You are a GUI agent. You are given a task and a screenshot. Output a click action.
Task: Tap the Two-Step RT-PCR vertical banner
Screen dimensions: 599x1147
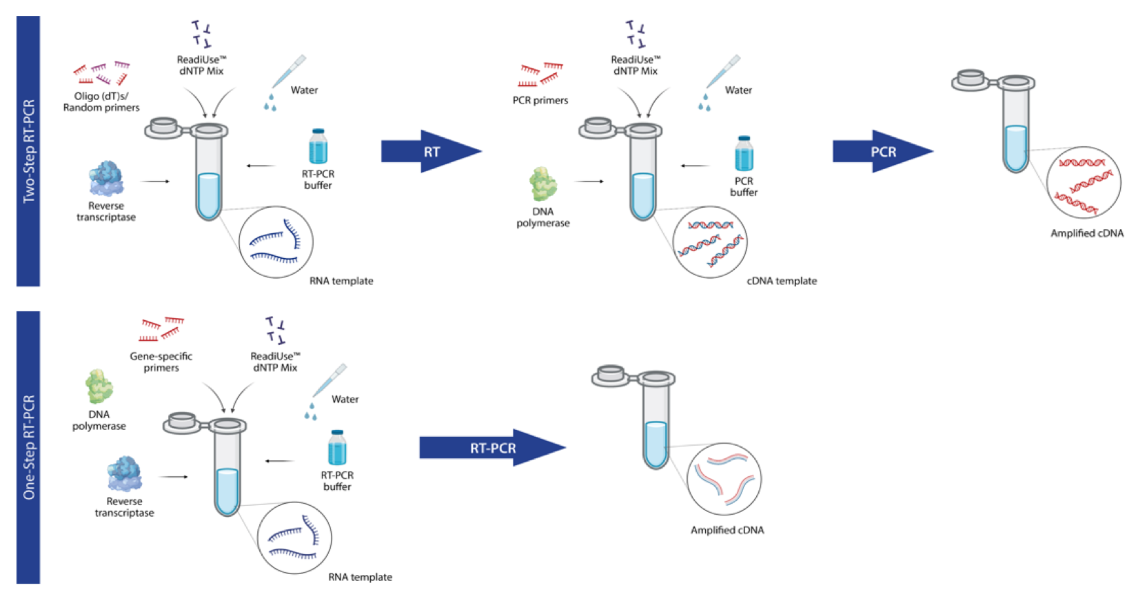point(28,151)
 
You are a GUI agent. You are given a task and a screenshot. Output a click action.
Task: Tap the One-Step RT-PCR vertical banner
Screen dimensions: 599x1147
point(28,447)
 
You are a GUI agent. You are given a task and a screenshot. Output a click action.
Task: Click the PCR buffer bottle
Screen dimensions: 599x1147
point(744,154)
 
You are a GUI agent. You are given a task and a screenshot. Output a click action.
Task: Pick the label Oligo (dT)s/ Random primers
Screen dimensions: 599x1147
point(101,101)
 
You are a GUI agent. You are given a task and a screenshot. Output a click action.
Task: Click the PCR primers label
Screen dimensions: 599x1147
point(540,100)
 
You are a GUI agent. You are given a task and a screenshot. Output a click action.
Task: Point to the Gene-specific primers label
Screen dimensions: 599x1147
point(161,362)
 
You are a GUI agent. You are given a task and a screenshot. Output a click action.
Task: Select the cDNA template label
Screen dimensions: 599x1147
point(781,281)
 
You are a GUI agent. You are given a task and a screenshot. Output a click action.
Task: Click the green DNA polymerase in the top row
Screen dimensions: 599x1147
point(542,184)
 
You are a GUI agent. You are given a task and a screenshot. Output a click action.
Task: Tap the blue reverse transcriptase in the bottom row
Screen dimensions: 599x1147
point(124,473)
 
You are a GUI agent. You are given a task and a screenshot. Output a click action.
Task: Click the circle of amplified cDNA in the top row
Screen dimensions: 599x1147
point(1084,183)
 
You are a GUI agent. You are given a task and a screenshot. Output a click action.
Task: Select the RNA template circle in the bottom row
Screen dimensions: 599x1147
point(294,538)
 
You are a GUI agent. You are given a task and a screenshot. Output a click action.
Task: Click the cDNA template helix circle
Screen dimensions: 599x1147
point(710,242)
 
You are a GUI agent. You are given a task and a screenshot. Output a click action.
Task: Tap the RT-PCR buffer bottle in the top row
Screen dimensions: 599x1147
point(318,146)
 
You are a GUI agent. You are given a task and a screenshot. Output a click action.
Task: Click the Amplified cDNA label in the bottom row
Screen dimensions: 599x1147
point(727,530)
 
